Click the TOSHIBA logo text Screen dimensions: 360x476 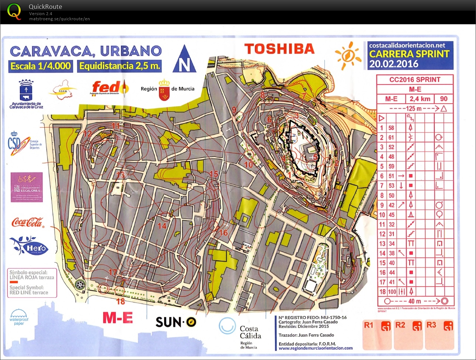coord(279,49)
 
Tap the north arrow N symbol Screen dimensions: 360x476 coord(184,59)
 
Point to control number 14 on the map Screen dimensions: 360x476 coord(162,226)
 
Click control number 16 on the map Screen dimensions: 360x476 coord(223,233)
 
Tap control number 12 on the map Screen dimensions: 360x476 coord(87,134)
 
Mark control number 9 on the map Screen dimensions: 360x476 coord(234,110)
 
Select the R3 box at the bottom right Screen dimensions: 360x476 coord(439,335)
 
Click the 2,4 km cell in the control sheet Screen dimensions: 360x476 coord(420,99)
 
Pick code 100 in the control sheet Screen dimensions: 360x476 coord(392,292)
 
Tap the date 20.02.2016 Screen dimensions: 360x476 coord(394,64)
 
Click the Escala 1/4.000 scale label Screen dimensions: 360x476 coord(41,66)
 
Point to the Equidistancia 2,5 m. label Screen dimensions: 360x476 coord(120,66)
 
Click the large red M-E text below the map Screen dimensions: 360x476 coord(118,318)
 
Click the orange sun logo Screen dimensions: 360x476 coord(348,55)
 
